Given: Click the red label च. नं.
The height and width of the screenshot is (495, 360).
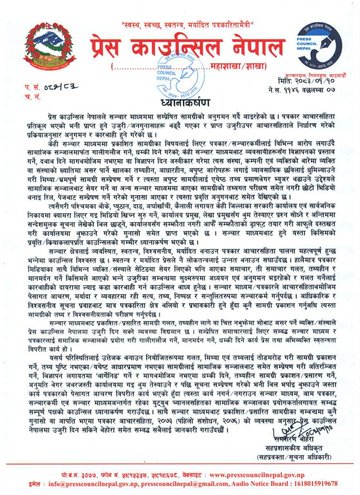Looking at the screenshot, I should coord(32,97).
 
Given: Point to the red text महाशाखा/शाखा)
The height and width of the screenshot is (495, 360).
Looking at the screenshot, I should coord(239,66).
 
